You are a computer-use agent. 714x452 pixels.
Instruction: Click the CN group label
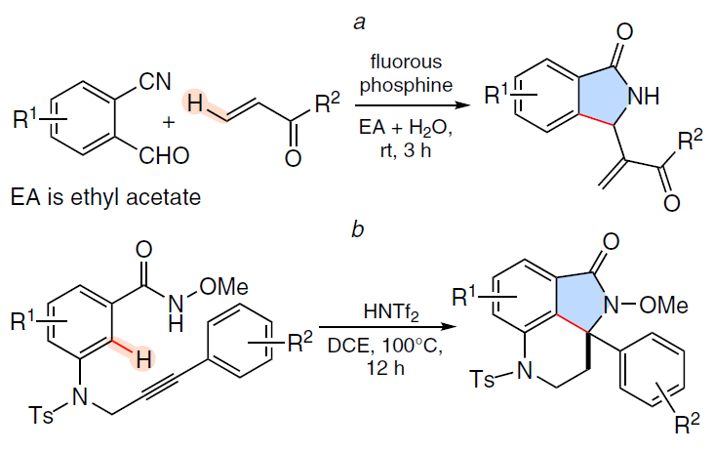click(x=155, y=82)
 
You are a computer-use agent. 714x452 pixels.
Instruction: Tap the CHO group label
click(x=164, y=156)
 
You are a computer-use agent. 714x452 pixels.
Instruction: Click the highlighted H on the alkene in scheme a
click(x=195, y=103)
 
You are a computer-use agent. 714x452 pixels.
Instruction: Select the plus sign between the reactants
click(x=169, y=122)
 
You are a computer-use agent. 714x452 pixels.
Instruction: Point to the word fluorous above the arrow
click(x=406, y=62)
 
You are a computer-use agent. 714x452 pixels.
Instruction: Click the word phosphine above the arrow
click(x=406, y=85)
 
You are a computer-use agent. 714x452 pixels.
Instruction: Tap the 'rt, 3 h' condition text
click(x=406, y=150)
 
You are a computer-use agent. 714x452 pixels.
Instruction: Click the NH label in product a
click(x=643, y=96)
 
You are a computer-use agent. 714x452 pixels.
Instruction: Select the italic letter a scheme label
click(x=359, y=22)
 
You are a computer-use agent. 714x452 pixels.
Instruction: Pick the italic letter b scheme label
click(x=358, y=228)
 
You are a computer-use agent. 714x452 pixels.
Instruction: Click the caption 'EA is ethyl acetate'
click(x=105, y=197)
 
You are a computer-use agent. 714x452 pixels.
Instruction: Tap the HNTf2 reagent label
click(x=391, y=313)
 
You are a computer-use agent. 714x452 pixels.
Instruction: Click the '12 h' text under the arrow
click(x=386, y=367)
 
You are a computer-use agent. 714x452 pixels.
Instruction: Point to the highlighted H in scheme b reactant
click(x=143, y=361)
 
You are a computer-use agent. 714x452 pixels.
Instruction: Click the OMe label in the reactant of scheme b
click(x=224, y=287)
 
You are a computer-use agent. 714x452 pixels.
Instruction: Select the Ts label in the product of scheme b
click(x=482, y=379)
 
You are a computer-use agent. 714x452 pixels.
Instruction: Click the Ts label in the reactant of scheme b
click(x=41, y=415)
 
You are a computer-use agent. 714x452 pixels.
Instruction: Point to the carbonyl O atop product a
click(x=624, y=32)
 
